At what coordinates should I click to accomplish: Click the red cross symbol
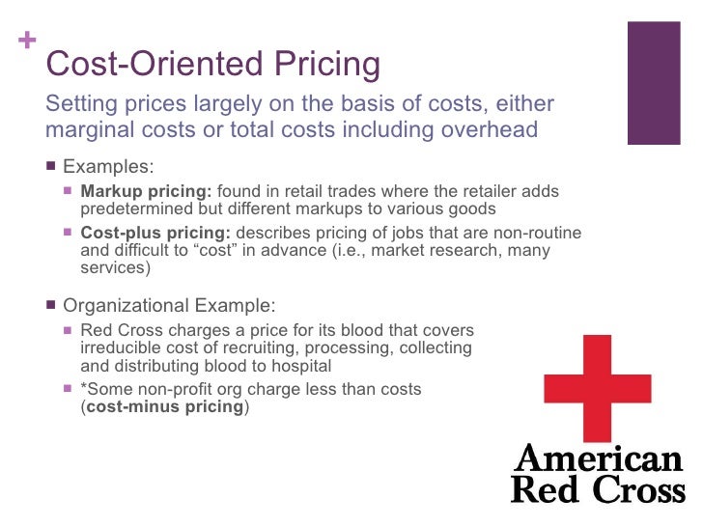tap(598, 388)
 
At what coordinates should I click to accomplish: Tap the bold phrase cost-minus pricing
tap(165, 406)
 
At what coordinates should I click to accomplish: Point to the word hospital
tap(300, 366)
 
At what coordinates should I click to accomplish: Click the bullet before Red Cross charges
tap(68, 330)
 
